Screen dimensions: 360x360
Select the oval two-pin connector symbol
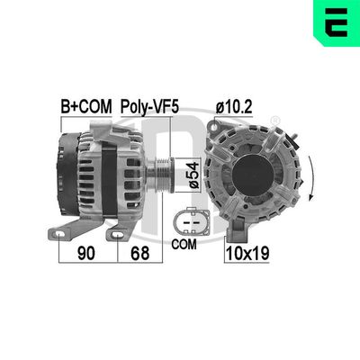point(188,218)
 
